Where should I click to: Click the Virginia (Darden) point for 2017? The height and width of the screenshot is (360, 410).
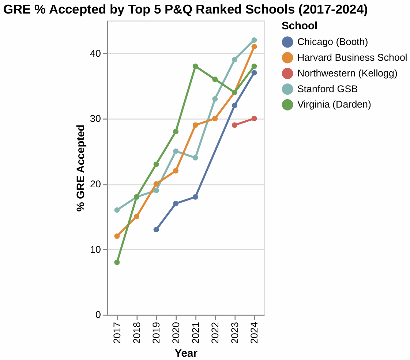point(117,262)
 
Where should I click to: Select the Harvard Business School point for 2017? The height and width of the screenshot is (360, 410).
point(117,236)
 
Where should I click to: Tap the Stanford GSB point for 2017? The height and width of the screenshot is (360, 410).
point(117,210)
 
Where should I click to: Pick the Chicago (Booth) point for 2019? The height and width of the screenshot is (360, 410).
point(156,230)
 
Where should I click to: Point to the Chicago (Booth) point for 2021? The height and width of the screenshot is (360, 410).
point(195,197)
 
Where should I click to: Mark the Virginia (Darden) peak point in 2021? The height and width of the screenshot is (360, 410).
point(195,66)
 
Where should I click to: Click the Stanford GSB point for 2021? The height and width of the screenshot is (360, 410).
point(195,158)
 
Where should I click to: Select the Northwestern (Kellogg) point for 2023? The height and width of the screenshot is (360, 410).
point(234,125)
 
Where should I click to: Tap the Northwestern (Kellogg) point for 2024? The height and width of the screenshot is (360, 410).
point(254,119)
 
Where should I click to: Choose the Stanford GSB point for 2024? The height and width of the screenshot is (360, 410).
point(254,40)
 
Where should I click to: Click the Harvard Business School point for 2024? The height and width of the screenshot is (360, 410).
point(254,46)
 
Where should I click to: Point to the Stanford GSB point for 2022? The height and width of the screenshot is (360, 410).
point(215,99)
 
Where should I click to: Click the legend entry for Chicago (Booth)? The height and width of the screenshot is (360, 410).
point(332,42)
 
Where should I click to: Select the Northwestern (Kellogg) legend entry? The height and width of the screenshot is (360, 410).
point(347,73)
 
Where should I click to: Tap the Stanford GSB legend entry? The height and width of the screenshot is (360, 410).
point(327,89)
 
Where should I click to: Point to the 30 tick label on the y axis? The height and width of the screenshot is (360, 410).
point(96,119)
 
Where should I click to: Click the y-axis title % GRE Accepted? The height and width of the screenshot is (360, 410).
point(81,168)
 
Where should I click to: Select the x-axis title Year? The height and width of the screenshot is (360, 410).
point(186,353)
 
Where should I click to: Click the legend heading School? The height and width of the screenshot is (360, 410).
point(299,26)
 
